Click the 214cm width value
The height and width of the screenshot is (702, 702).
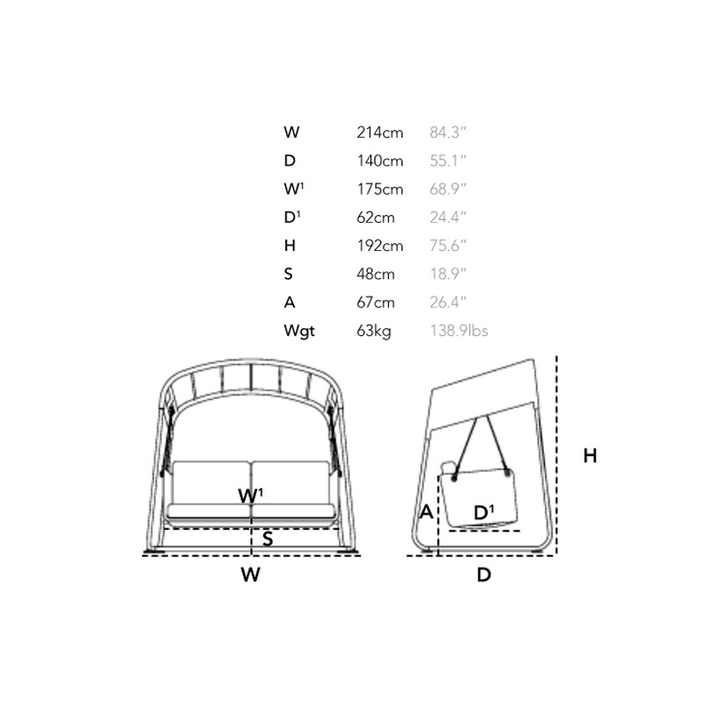tap(380, 133)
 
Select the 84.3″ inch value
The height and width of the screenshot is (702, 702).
tap(448, 133)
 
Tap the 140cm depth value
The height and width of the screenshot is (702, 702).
tap(380, 161)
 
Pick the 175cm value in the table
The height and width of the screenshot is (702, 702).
tap(380, 189)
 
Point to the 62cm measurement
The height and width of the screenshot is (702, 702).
tap(376, 218)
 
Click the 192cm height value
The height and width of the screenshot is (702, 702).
tap(380, 246)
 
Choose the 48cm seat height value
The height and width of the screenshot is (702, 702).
tap(376, 274)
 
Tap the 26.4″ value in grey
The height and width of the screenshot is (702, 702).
tap(448, 302)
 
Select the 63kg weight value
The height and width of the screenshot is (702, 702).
tap(374, 332)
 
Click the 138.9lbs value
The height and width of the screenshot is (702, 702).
tap(459, 331)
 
